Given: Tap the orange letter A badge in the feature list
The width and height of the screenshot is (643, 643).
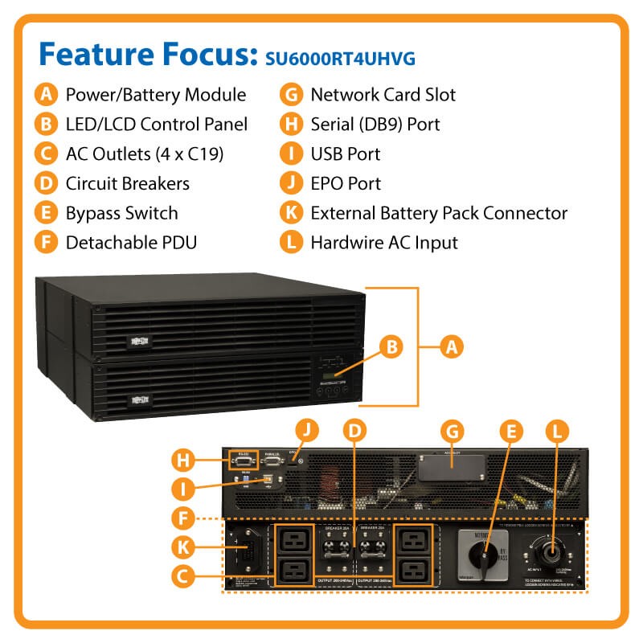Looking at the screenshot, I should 47,95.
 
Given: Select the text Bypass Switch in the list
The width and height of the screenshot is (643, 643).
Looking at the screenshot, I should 121,213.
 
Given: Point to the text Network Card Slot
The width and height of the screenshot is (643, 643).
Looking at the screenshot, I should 383,95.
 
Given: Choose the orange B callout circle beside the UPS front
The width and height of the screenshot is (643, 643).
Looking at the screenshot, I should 391,347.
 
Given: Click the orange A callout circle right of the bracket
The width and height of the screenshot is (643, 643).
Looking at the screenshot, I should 453,347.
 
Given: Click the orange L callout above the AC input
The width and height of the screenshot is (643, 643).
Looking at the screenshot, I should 555,431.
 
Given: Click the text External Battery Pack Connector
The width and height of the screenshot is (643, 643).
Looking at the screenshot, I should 439,213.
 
